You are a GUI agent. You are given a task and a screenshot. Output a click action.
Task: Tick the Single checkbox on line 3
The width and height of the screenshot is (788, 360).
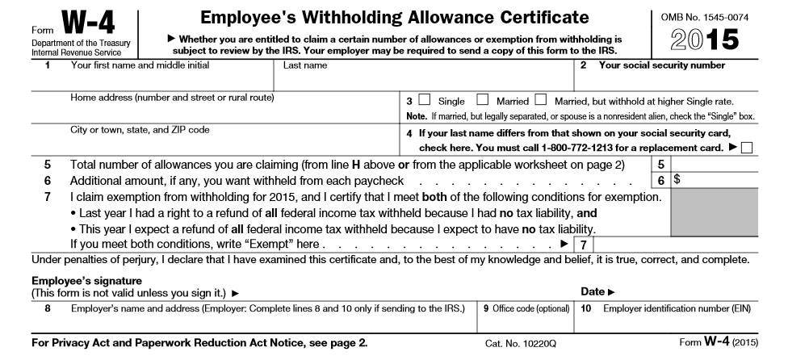tap(425, 101)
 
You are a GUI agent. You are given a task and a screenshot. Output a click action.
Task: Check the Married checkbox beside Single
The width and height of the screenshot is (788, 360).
tap(483, 101)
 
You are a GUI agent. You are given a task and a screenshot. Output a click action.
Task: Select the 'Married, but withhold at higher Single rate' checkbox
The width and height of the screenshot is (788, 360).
tap(540, 101)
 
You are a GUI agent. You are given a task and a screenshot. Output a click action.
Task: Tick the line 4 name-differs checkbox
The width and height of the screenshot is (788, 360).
tap(745, 148)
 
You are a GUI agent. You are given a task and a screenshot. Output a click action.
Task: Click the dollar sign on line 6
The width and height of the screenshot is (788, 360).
tap(677, 180)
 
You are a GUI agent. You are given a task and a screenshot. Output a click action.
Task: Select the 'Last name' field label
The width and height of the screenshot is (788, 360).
tap(305, 65)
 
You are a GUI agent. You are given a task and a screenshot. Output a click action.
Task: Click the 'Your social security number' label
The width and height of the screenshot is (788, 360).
tap(662, 65)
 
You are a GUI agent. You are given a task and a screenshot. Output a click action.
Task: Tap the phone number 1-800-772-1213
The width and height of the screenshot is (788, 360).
tap(579, 148)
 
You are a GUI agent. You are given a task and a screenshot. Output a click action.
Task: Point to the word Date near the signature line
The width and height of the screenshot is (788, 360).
tap(593, 291)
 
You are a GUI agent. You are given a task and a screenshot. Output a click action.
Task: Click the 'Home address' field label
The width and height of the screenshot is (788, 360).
tap(173, 98)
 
